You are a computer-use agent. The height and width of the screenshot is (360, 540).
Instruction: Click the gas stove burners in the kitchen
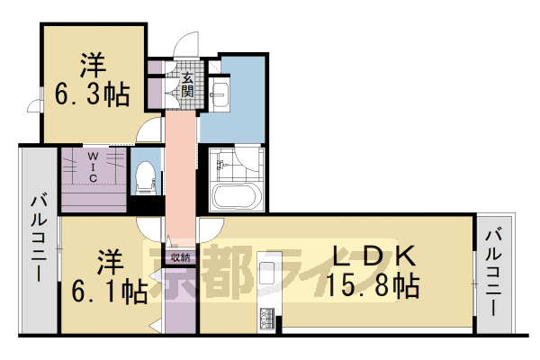point(267,318)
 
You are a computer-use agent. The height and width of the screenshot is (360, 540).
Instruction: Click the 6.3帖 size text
point(93,94)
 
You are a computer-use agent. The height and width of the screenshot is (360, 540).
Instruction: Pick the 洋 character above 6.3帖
point(93,65)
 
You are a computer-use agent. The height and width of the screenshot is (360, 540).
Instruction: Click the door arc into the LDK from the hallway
point(209,227)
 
